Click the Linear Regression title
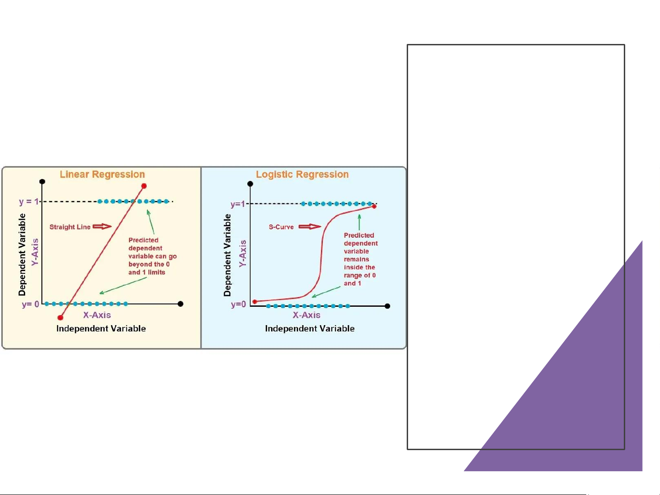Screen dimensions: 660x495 coord(102,174)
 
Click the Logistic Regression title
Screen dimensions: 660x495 coord(302,174)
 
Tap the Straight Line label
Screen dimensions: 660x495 coord(70,227)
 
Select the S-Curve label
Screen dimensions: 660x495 coord(281,227)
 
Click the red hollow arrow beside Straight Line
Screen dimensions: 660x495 coord(102,226)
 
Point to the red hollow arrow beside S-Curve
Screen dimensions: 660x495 coord(310,226)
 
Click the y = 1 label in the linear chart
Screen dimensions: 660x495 coord(29,201)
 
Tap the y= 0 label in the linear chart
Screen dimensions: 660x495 coord(30,304)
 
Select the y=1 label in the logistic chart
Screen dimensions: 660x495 coord(238,204)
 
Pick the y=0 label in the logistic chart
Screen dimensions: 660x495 coord(239,305)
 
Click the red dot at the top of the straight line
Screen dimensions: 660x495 coord(144,186)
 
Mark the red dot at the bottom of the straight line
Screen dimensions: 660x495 coord(60,317)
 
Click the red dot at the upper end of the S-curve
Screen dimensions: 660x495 coord(374,207)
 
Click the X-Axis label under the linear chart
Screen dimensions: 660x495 coord(97,315)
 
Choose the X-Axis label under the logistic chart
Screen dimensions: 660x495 coord(306,315)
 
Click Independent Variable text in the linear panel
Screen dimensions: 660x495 coord(101,328)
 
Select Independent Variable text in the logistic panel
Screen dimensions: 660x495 coord(310,328)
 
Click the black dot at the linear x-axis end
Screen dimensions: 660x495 coord(180,304)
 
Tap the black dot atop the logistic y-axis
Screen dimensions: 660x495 coord(250,184)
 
